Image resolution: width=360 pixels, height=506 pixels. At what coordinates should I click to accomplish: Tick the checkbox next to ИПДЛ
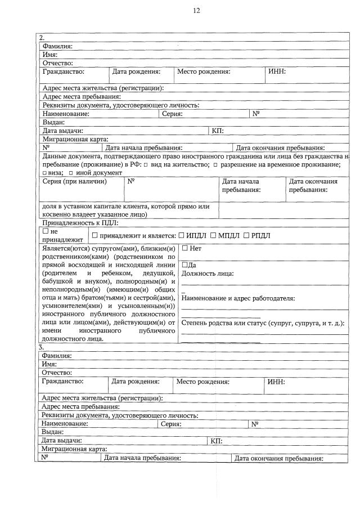[x=181, y=235]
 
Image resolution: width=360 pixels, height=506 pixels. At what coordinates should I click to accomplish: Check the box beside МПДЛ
[x=213, y=235]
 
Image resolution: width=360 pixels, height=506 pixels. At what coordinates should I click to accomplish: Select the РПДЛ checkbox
[x=247, y=235]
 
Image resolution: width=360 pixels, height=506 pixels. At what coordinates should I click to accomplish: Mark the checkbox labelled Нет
[x=185, y=248]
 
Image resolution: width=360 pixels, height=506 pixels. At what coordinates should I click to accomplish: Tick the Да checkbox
[x=185, y=265]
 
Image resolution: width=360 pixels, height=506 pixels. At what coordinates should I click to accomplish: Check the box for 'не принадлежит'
[x=46, y=231]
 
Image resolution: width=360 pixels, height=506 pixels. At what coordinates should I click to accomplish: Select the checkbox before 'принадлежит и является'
[x=94, y=235]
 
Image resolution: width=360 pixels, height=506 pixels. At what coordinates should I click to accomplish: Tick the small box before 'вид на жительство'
[x=145, y=164]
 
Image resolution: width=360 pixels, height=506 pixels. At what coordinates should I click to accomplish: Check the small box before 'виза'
[x=44, y=173]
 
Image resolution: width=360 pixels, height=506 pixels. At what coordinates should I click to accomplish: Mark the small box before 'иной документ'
[x=71, y=173]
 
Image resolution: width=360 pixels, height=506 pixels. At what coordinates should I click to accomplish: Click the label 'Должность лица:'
[x=208, y=274]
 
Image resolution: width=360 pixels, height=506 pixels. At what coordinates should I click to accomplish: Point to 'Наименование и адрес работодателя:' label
[x=238, y=298]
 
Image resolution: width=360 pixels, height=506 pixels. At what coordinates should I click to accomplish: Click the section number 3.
[x=41, y=347]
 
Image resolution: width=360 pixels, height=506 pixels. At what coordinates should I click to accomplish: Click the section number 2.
[x=42, y=38]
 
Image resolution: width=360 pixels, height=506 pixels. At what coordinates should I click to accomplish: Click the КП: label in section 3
[x=217, y=440]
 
